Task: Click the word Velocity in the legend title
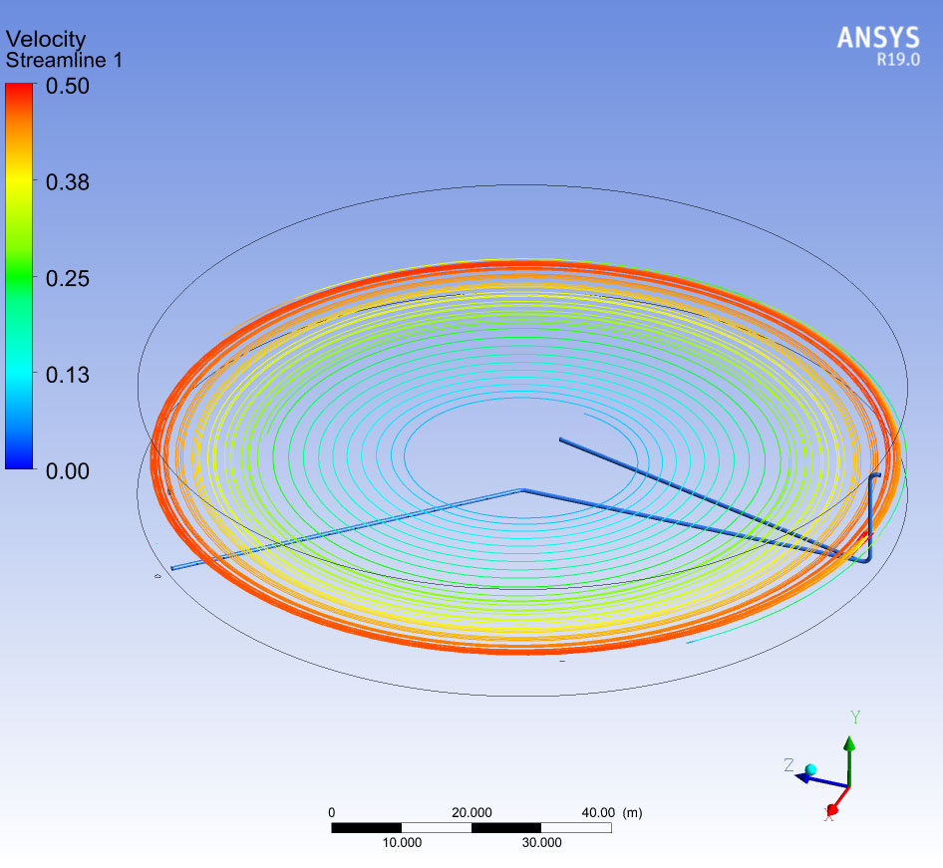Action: (46, 39)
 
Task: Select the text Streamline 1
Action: (64, 60)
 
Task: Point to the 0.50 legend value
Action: (68, 86)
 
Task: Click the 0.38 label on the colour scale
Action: (68, 182)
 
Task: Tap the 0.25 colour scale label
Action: (68, 278)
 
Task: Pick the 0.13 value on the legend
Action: (68, 375)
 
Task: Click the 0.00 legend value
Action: (68, 471)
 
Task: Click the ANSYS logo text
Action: (878, 38)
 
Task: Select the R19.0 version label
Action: (898, 60)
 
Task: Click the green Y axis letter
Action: (855, 718)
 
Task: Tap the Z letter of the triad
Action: (789, 764)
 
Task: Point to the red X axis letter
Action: (828, 815)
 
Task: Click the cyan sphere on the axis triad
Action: (810, 770)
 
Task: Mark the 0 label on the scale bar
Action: (331, 813)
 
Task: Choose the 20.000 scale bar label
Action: (471, 813)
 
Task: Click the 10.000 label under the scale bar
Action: (402, 843)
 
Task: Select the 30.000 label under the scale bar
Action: (541, 843)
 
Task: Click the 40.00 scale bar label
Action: (598, 813)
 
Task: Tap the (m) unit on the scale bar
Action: (632, 813)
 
